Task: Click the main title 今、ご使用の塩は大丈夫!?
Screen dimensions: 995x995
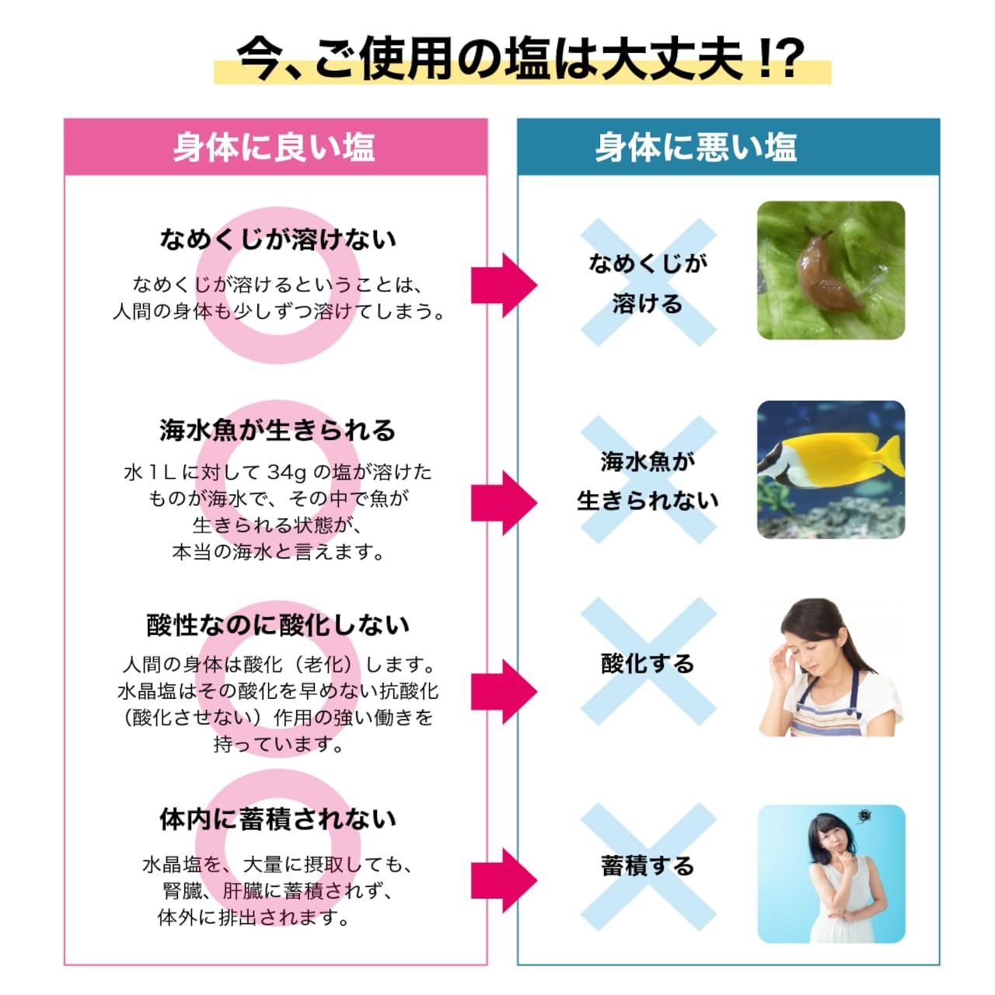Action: click(x=521, y=58)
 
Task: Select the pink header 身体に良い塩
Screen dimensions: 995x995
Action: click(x=274, y=148)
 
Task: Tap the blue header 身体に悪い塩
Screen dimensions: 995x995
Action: click(x=696, y=148)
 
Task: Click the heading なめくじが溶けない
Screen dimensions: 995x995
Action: click(x=278, y=239)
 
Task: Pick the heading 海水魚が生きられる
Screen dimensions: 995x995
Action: click(x=278, y=431)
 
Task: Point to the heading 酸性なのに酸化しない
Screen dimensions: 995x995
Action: click(x=278, y=625)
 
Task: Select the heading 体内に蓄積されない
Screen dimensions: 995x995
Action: click(x=278, y=819)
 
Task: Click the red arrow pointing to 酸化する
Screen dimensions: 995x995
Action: click(x=504, y=691)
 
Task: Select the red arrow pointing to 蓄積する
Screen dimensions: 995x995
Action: click(x=504, y=887)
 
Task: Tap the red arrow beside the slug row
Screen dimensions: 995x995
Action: click(x=504, y=285)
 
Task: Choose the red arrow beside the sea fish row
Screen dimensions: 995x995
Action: click(x=504, y=502)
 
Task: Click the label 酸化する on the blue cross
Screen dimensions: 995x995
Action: click(x=648, y=664)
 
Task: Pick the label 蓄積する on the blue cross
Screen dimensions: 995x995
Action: click(x=648, y=866)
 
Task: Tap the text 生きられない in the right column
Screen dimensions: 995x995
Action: click(x=648, y=501)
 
